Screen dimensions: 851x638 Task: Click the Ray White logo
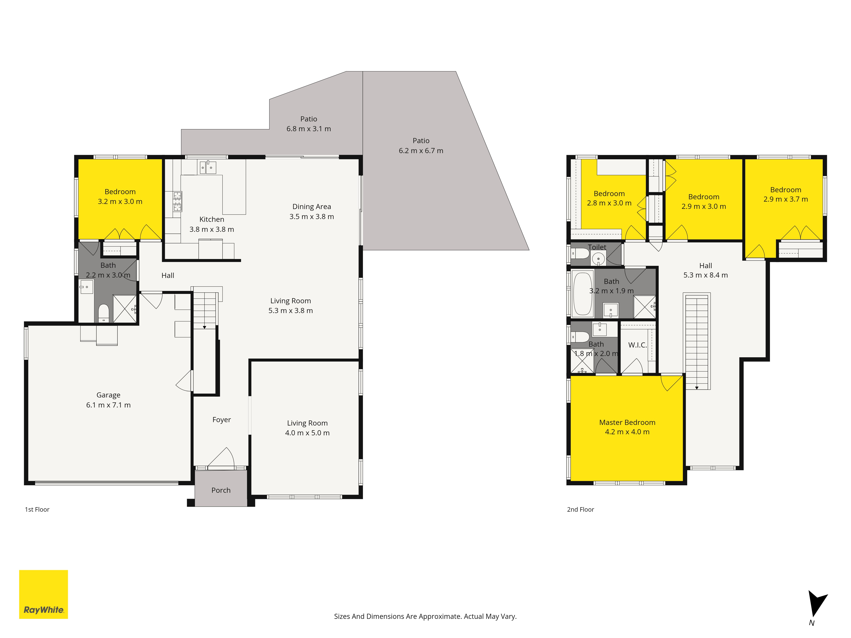coord(43,594)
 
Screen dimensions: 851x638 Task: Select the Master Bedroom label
coord(627,422)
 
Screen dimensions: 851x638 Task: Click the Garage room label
coord(109,395)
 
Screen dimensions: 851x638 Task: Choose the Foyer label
coord(222,420)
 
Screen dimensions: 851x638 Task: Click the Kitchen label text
coord(212,219)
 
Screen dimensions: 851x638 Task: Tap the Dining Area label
coord(312,206)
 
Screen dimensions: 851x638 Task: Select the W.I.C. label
coord(637,345)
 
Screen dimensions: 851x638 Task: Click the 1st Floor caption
coord(37,510)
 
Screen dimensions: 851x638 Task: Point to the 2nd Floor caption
coord(581,510)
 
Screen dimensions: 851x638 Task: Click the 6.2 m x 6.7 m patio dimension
coord(421,151)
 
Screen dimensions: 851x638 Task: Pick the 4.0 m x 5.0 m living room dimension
coord(307,433)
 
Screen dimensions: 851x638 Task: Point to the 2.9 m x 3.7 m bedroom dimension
coord(786,199)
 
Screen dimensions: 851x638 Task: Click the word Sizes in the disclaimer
coord(342,617)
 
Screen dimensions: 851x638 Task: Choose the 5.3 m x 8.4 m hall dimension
coord(705,275)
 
